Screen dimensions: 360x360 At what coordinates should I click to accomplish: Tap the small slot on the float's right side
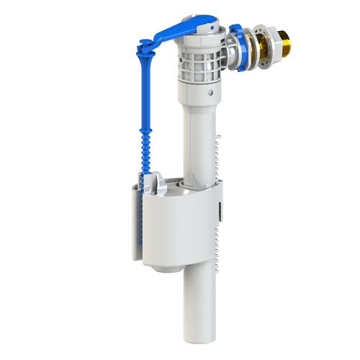click(220, 212)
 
